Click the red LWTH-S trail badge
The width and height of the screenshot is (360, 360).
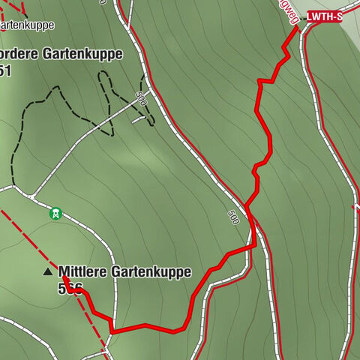(325, 16)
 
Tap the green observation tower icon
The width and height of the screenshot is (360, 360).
(55, 214)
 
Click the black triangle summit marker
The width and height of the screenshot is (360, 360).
(49, 271)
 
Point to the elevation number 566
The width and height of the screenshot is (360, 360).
(69, 287)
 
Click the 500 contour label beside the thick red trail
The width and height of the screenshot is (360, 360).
(233, 217)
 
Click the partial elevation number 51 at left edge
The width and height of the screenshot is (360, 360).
(6, 70)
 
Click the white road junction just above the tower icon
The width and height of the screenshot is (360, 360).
(34, 196)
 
